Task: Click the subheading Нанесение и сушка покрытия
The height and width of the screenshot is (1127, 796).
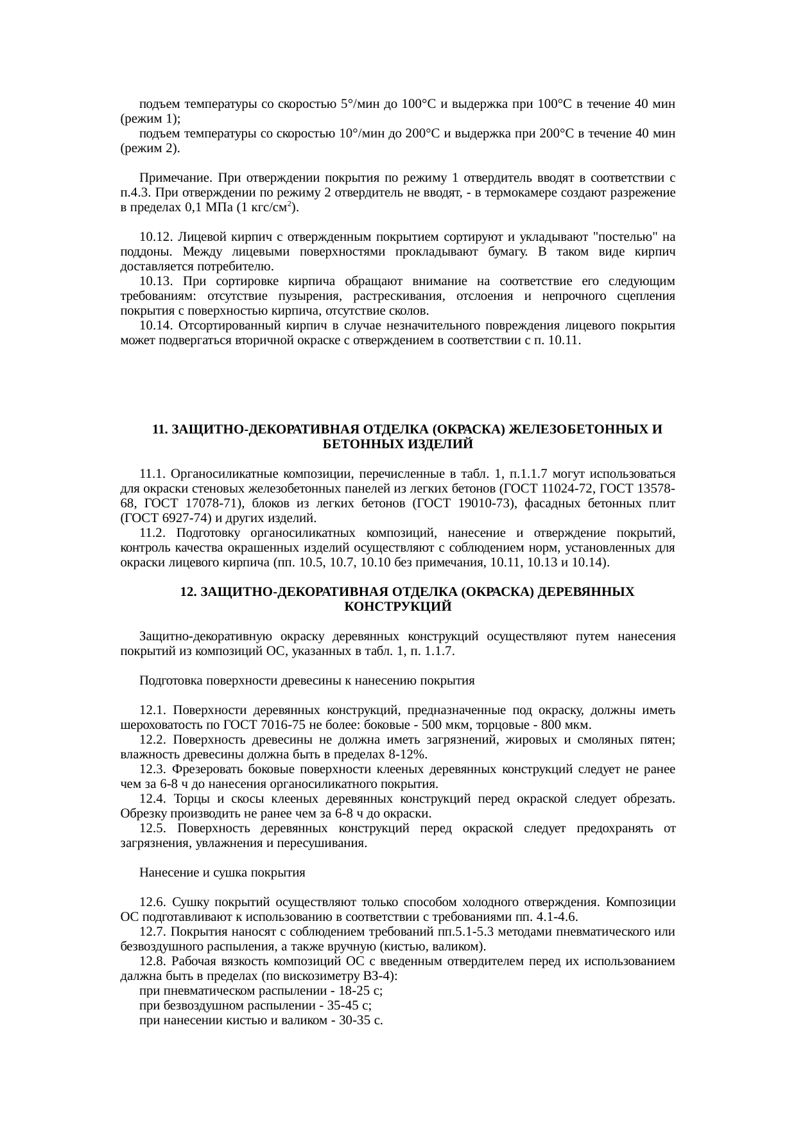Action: tap(222, 873)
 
